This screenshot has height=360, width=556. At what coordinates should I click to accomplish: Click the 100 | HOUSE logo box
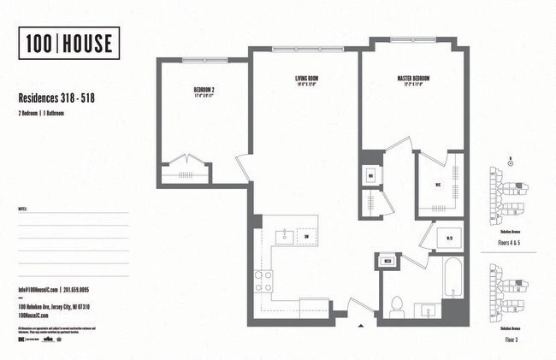pyautogui.click(x=68, y=43)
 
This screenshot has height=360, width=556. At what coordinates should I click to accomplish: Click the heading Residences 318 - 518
pyautogui.click(x=56, y=98)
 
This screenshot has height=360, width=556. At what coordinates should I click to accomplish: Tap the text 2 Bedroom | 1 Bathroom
pyautogui.click(x=43, y=113)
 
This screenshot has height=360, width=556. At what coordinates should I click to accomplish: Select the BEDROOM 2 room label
pyautogui.click(x=204, y=90)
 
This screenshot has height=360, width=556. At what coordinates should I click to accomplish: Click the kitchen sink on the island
pyautogui.click(x=286, y=234)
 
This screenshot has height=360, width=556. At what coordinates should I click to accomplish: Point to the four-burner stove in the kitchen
pyautogui.click(x=263, y=281)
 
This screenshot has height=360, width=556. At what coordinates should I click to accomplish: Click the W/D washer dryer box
pyautogui.click(x=449, y=239)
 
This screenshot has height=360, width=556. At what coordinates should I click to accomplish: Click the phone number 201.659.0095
pyautogui.click(x=86, y=289)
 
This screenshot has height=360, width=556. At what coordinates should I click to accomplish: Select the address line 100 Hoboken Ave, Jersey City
pyautogui.click(x=55, y=306)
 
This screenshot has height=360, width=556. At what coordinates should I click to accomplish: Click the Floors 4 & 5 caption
pyautogui.click(x=511, y=242)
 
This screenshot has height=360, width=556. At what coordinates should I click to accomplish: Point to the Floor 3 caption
pyautogui.click(x=511, y=339)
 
